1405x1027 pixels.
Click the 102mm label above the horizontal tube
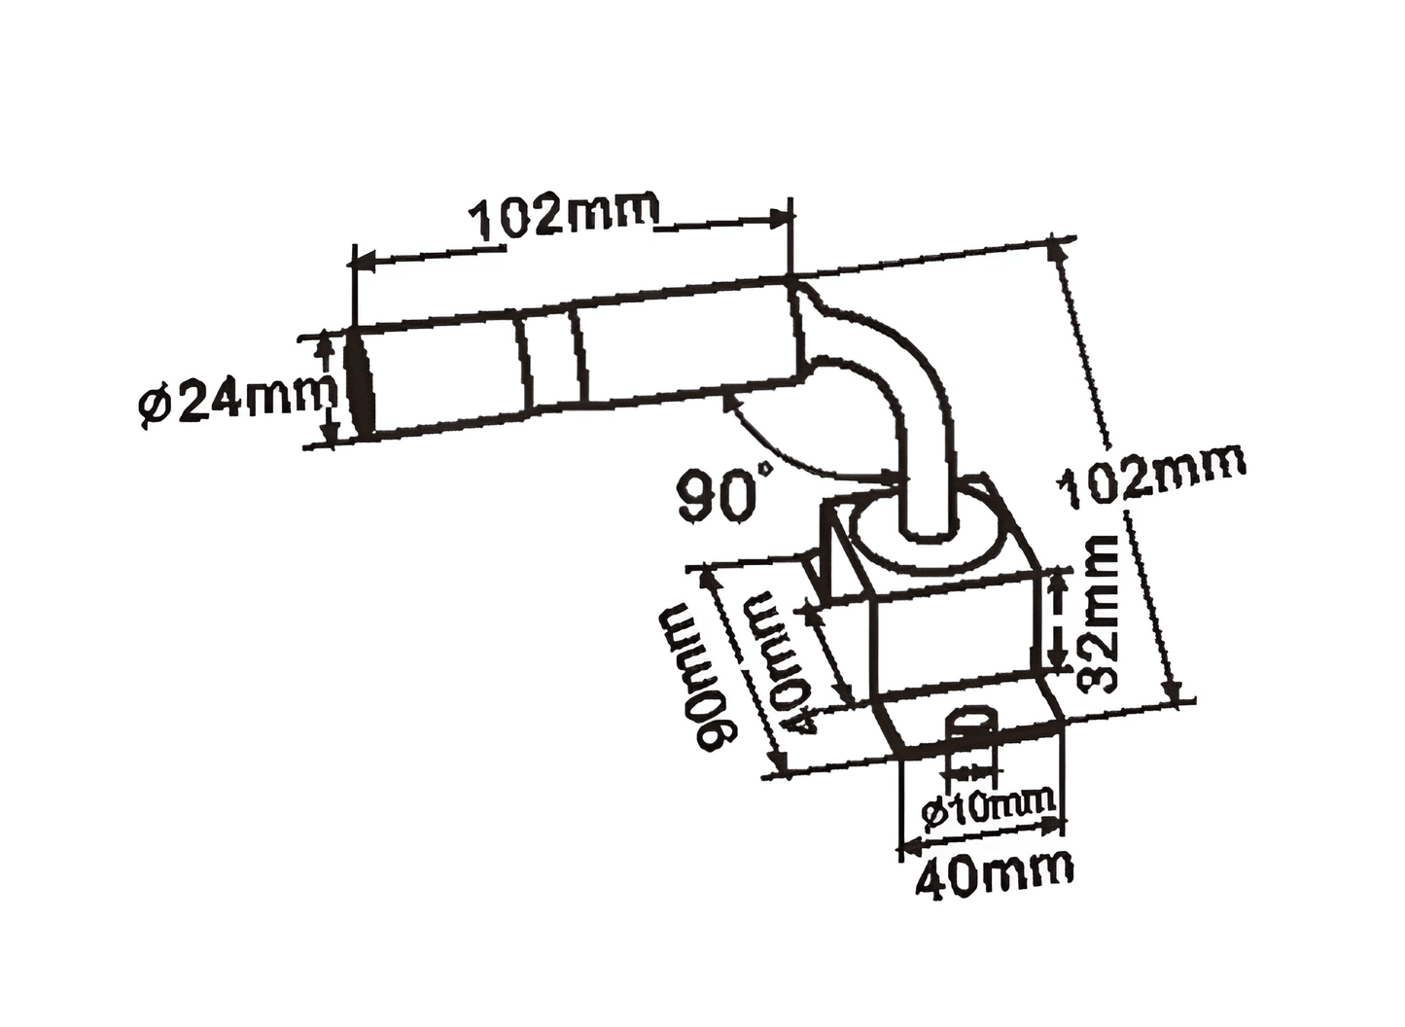563,216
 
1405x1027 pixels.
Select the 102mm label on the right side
1152,477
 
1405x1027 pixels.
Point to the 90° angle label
725,494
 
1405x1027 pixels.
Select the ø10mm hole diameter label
986,806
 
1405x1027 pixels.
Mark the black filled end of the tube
362,383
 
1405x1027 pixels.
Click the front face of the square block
953,632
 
